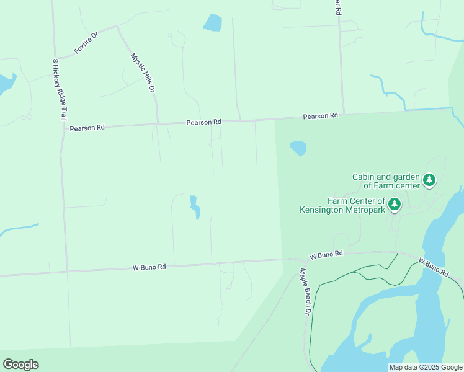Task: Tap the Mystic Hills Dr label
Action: coord(142,73)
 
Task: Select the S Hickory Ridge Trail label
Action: coord(59,89)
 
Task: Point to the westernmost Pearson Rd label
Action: coord(87,128)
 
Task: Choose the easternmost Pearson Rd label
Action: coord(320,116)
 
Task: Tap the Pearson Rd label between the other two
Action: coord(204,123)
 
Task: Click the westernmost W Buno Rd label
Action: coord(149,267)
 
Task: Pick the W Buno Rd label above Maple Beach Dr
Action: coord(326,255)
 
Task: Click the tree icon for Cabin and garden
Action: coord(429,180)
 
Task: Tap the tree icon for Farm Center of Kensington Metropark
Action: coord(395,204)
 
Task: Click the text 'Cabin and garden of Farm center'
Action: coord(386,181)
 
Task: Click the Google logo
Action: coord(20,365)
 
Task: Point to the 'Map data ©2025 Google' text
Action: coord(426,367)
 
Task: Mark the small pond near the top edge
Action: coord(212,23)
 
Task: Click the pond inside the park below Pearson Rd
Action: coord(298,148)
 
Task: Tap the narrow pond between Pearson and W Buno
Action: coord(195,207)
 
